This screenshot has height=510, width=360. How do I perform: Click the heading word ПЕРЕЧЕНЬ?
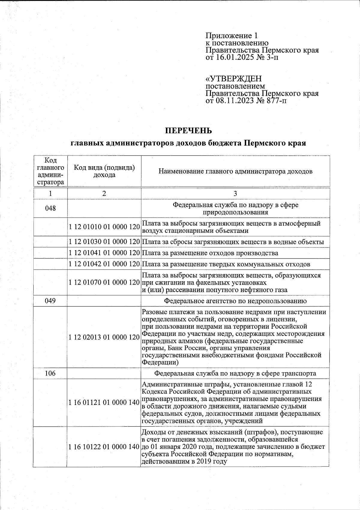coord(189,131)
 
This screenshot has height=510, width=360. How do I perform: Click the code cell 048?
coord(50,208)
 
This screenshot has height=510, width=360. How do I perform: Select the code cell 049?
coord(50,301)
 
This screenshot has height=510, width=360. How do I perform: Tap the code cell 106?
coord(50,373)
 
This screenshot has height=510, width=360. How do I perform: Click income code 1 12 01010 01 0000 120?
coord(104,227)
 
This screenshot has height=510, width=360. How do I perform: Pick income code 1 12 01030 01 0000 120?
coord(104,242)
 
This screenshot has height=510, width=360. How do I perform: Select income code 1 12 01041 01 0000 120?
coord(104,253)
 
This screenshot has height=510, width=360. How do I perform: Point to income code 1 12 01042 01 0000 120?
coord(104,264)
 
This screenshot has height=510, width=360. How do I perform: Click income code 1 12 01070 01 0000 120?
coord(104,282)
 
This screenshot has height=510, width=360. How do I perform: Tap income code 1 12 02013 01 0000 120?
coord(104,337)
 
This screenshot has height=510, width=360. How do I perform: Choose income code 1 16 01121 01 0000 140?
coord(104,403)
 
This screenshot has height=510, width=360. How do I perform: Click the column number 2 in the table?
coord(104,194)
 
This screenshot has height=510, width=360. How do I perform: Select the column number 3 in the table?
coord(235,194)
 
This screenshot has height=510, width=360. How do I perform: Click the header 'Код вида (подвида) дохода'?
coord(104,171)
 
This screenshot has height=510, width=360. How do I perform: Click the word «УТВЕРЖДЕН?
coord(233,79)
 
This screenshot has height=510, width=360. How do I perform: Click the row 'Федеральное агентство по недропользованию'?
coord(235,301)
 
